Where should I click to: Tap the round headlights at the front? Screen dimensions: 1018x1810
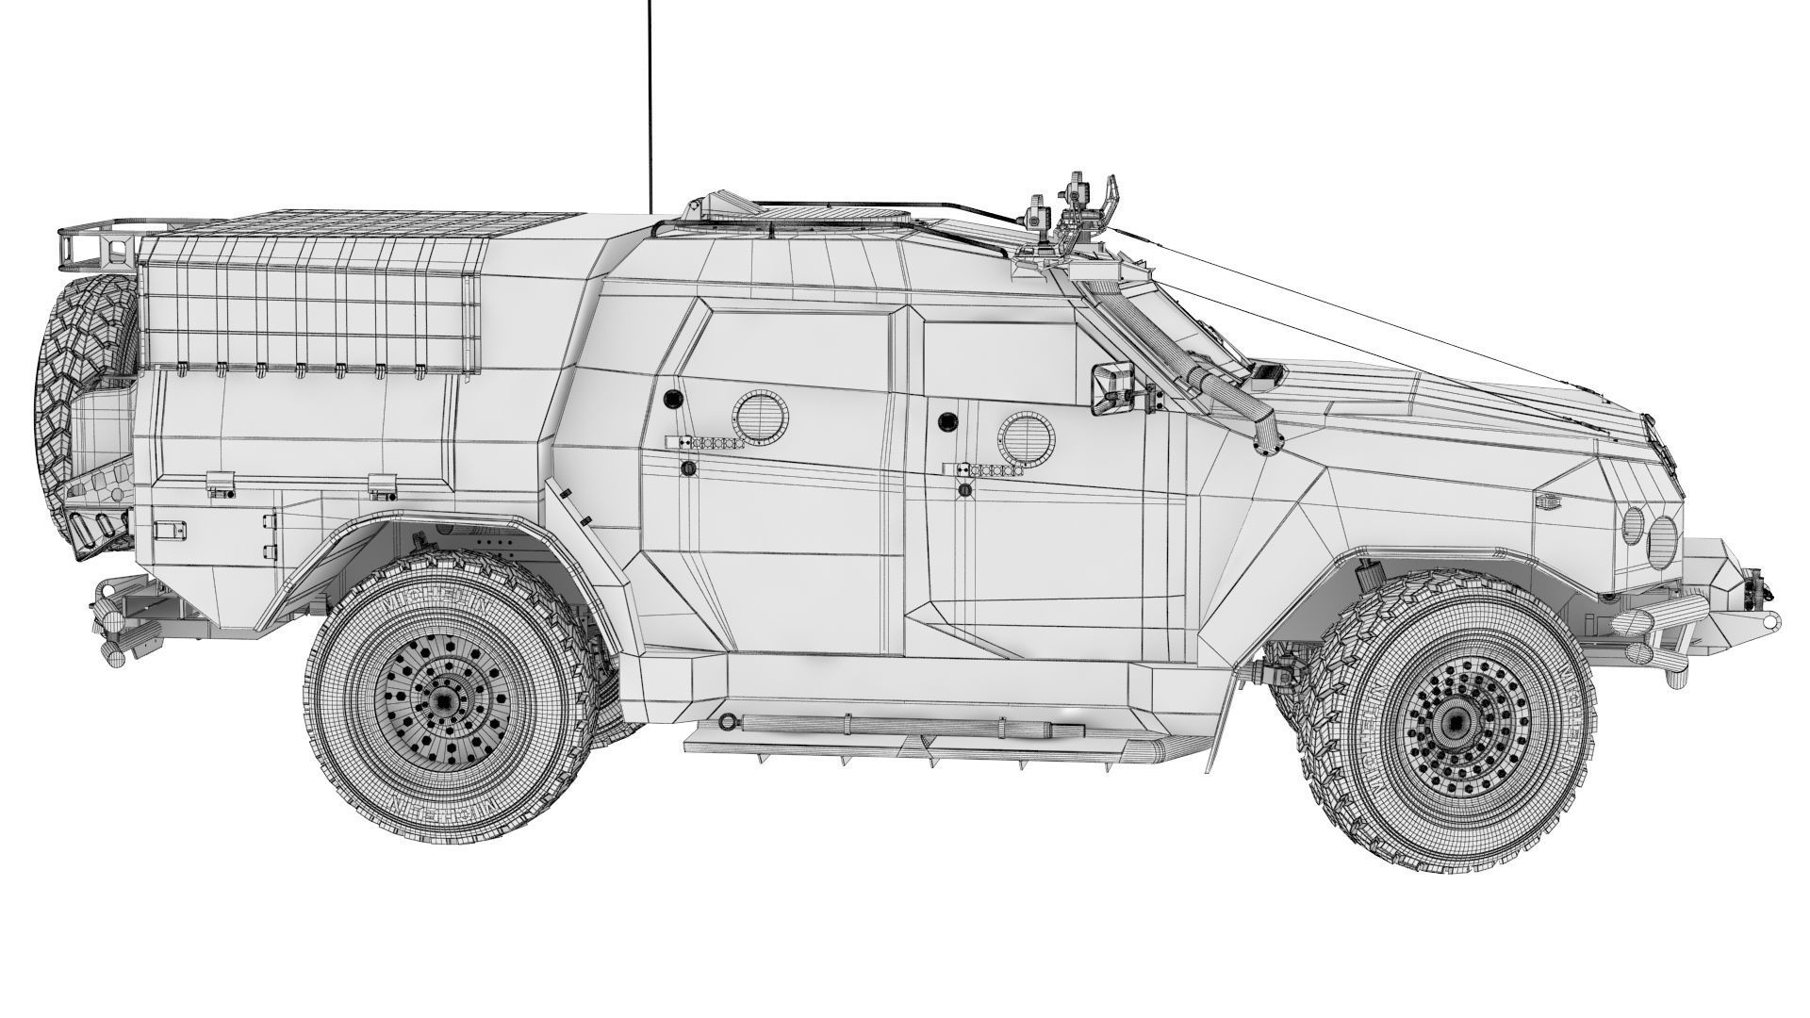[x=1650, y=534]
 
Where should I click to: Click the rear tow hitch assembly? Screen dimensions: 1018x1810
[x=118, y=622]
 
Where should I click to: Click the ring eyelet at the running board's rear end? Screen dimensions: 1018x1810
[x=727, y=722]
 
